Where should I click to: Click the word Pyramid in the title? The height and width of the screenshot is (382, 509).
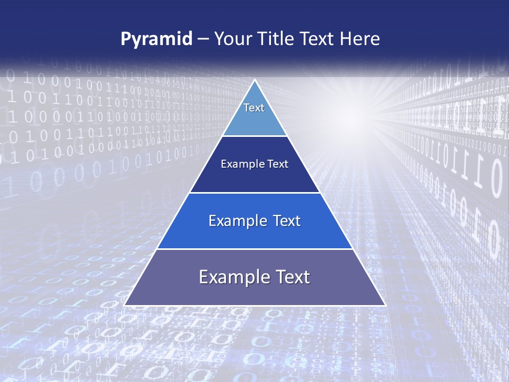(156, 39)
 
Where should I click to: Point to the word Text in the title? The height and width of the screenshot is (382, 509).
(321, 39)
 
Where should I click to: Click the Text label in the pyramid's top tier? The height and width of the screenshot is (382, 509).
(254, 108)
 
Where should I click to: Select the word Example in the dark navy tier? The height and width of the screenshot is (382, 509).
(240, 164)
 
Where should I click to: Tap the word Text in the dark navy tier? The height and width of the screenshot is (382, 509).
(278, 164)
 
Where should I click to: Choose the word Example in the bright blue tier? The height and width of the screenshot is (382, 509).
(235, 221)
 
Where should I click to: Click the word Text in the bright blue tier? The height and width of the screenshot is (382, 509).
(286, 221)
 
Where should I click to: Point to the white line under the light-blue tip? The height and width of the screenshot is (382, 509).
(254, 136)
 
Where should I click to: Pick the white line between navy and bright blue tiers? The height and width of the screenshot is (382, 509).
(254, 193)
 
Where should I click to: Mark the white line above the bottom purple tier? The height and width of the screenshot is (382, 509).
(254, 249)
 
